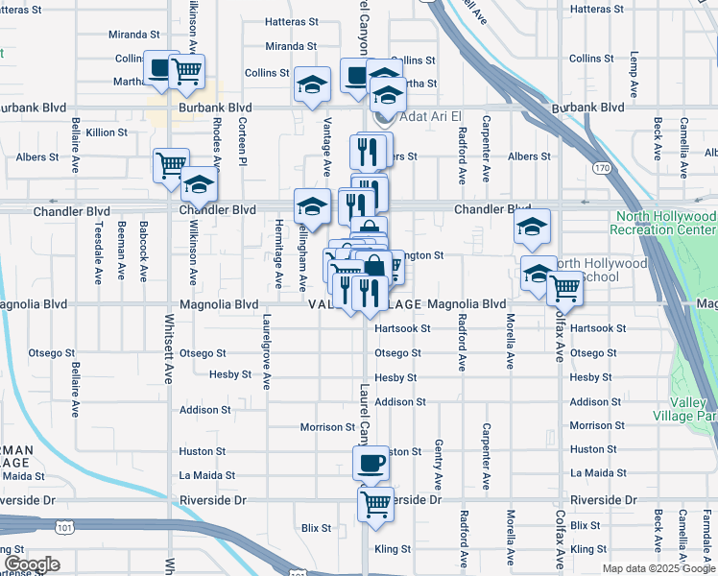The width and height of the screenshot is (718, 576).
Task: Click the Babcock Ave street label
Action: (x=144, y=252)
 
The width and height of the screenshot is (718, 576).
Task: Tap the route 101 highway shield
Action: (x=64, y=527)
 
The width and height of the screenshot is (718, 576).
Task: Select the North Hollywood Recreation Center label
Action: (x=664, y=224)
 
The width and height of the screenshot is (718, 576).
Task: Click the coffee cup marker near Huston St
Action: (x=371, y=465)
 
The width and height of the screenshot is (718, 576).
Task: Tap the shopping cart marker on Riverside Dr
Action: (x=376, y=502)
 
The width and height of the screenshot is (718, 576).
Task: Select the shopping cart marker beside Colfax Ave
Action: (x=565, y=287)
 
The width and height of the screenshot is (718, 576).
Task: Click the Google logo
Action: (x=31, y=564)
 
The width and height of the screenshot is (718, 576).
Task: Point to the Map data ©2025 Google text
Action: (x=658, y=568)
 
